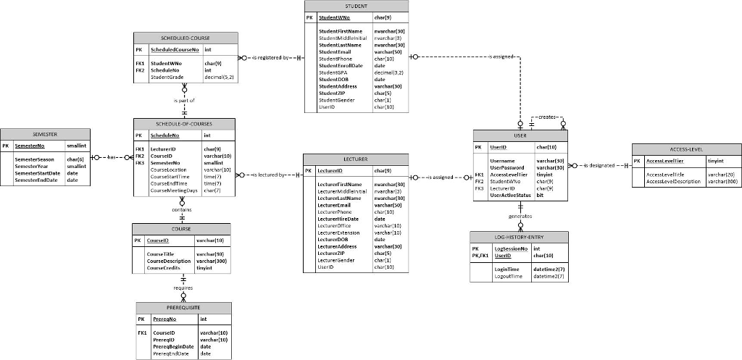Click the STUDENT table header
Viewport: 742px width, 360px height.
[357, 6]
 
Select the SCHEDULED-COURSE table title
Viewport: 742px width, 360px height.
[185, 37]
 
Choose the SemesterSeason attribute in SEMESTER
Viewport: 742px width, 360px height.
[34, 159]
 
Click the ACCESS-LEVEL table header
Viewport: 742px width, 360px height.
[686, 148]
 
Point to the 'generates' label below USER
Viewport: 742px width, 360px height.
[520, 216]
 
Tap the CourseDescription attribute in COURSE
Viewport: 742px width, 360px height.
[169, 261]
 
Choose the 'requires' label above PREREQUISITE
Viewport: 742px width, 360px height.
[183, 288]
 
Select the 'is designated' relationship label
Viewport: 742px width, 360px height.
[599, 166]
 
